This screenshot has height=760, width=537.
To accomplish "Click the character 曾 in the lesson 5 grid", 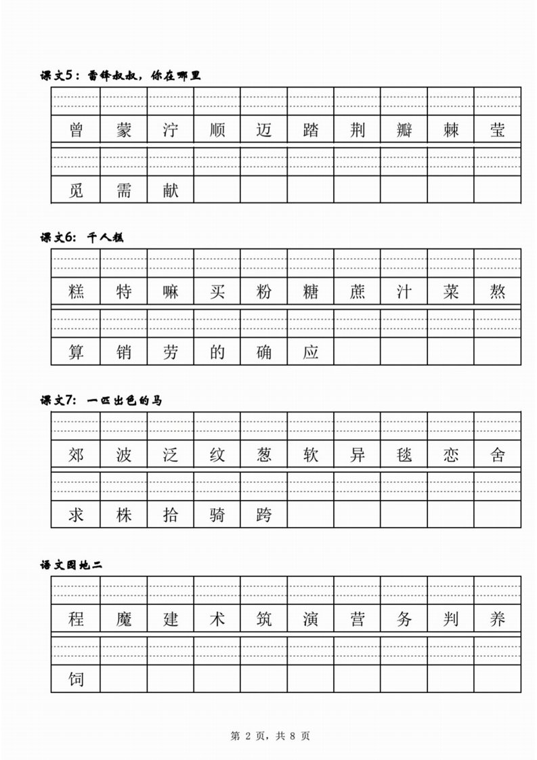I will pyautogui.click(x=77, y=130).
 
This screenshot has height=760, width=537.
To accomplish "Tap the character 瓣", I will pyautogui.click(x=404, y=130).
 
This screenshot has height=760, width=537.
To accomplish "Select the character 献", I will pyautogui.click(x=170, y=190).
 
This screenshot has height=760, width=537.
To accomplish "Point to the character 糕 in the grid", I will pyautogui.click(x=77, y=292).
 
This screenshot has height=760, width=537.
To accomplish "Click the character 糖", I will pyautogui.click(x=311, y=292).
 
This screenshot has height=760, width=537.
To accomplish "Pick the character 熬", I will pyautogui.click(x=498, y=292).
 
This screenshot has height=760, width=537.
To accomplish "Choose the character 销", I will pyautogui.click(x=123, y=352).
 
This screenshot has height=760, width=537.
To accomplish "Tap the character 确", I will pyautogui.click(x=264, y=352).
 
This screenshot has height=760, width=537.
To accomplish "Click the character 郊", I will pyautogui.click(x=77, y=455).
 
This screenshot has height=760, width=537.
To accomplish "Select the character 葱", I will pyautogui.click(x=264, y=455).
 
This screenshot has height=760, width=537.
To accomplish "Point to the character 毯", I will pyautogui.click(x=404, y=455).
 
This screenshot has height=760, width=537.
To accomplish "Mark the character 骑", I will pyautogui.click(x=217, y=515).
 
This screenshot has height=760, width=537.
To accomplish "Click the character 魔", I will pyautogui.click(x=123, y=618).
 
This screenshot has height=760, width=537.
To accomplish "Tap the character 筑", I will pyautogui.click(x=264, y=618).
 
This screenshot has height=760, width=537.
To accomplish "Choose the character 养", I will pyautogui.click(x=498, y=618).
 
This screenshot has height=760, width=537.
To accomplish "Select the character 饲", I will pyautogui.click(x=77, y=679).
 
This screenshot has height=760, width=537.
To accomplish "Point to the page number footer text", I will pyautogui.click(x=270, y=736).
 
